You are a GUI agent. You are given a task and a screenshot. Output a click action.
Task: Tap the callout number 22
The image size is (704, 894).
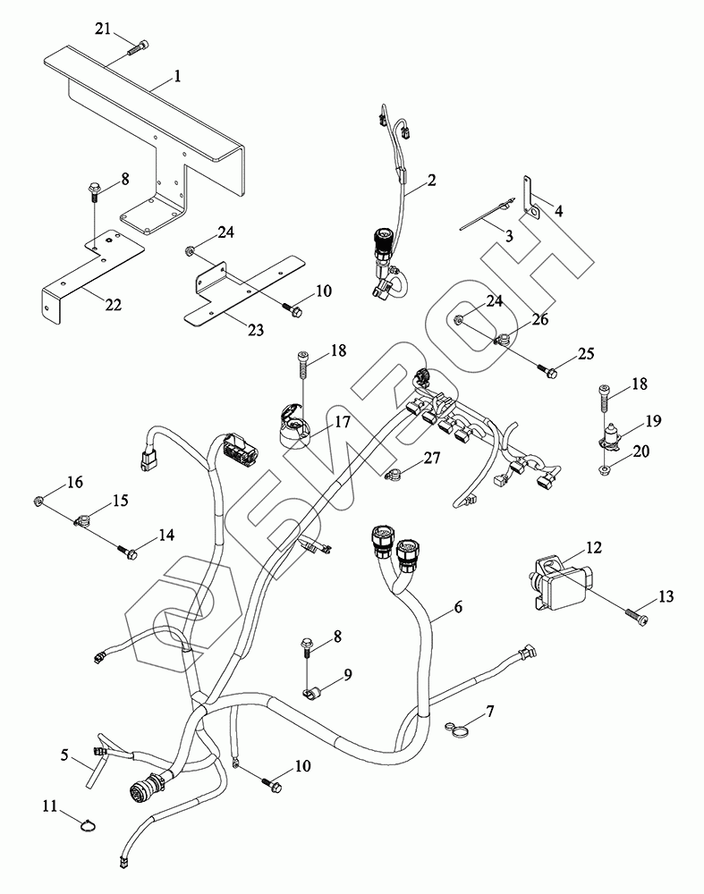pos(113,306)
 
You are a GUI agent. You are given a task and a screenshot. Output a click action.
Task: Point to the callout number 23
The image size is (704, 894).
pos(256,330)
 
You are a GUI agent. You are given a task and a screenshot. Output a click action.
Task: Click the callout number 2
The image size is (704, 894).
pos(431,181)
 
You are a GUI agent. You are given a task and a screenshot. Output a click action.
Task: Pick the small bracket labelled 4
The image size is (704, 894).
pos(530,201)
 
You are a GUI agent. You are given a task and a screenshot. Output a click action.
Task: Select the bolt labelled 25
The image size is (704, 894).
pos(548,367)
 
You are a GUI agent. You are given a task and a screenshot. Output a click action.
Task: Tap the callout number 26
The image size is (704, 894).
pos(540,319)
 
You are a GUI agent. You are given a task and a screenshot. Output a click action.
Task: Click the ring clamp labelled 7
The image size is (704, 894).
pos(459,730)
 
